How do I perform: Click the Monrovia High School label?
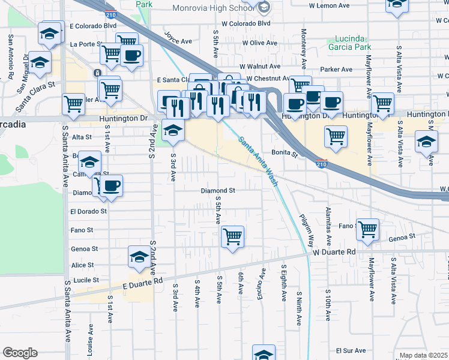coord(214,8)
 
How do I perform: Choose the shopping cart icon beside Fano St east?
coord(368,228)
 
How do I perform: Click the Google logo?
coord(20,353)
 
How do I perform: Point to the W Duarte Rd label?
coord(334,253)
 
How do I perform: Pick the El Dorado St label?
coord(88,211)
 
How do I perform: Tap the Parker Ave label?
coord(336,70)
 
